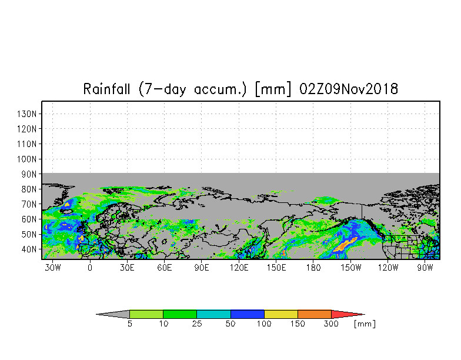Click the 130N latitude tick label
coord(27,114)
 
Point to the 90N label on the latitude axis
coord(29,174)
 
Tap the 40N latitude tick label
coord(29,249)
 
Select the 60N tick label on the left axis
coord(29,219)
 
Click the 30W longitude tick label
coord(53,268)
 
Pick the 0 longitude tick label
coord(90,268)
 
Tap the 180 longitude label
coord(313,268)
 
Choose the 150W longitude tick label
coord(350,268)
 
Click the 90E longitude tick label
coord(201,268)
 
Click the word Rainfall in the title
coord(106,89)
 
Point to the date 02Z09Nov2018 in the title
coord(349,89)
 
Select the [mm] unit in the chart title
coord(273,89)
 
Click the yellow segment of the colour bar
coord(281,314)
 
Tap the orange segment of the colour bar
coord(314,314)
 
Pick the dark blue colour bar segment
coord(247,314)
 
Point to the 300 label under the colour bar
coord(331,324)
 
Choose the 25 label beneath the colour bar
coord(197,324)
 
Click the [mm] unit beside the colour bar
coord(365,324)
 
